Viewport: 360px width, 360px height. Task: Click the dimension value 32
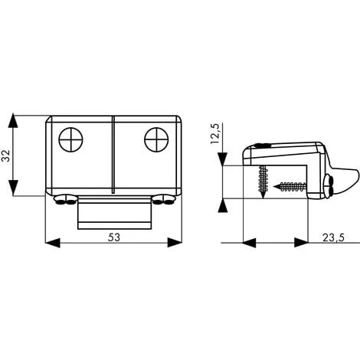pyautogui.click(x=7, y=156)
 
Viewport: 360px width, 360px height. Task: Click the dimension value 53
pyautogui.click(x=113, y=237)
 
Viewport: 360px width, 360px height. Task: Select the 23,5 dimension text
pyautogui.click(x=332, y=237)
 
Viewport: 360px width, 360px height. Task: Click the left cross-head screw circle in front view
pyautogui.click(x=70, y=139)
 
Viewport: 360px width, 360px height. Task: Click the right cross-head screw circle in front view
pyautogui.click(x=156, y=139)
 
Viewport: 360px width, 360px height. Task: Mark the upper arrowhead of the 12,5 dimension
pyautogui.click(x=222, y=159)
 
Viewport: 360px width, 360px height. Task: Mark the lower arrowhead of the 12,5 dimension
pyautogui.click(x=222, y=205)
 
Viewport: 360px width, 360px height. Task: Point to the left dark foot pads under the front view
pyautogui.click(x=64, y=201)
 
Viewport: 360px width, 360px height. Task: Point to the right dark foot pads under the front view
pyautogui.click(x=163, y=201)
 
